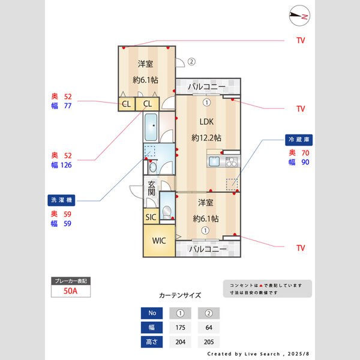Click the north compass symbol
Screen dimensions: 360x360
298,16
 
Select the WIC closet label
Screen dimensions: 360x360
158,241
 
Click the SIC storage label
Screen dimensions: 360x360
151,217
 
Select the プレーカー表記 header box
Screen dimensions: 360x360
71,281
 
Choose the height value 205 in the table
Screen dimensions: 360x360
208,342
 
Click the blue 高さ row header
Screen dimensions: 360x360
151,342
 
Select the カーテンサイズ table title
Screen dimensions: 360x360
180,296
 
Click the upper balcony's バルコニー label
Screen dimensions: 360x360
206,88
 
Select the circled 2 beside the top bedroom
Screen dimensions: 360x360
191,61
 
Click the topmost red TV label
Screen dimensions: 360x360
301,41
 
